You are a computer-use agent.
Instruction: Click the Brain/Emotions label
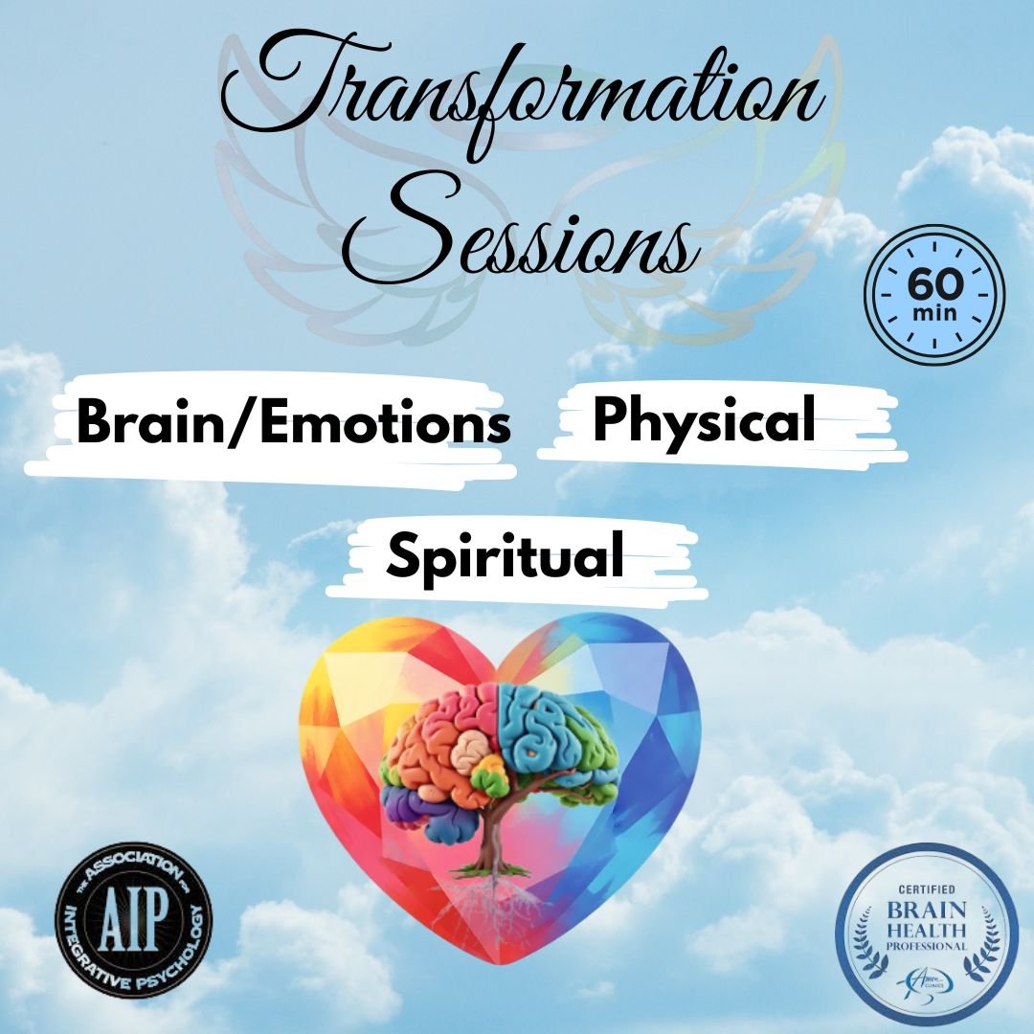pyautogui.click(x=293, y=423)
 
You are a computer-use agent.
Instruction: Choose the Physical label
pyautogui.click(x=704, y=419)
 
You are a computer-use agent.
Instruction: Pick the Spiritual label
pyautogui.click(x=505, y=555)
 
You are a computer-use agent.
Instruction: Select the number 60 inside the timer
pyautogui.click(x=933, y=284)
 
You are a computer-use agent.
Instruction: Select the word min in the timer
pyautogui.click(x=933, y=312)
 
